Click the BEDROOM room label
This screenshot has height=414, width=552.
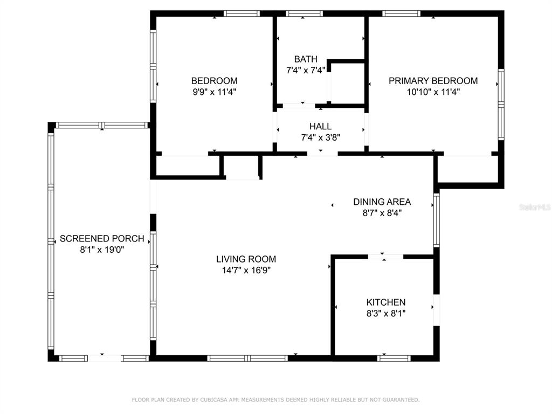coord(214,81)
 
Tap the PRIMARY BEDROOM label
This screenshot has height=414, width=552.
coord(433,81)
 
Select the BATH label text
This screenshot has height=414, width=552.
coord(306,59)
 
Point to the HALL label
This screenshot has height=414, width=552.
coord(320,126)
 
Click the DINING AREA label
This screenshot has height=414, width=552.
coord(382,202)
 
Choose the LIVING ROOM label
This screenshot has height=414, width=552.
coord(246,259)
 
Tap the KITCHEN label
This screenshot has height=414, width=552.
coord(386,302)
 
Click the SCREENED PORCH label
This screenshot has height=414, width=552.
coord(102,238)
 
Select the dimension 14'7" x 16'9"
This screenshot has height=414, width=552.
coord(246,271)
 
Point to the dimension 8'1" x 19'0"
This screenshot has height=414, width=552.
coord(102,250)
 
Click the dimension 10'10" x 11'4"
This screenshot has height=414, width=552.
coord(433,92)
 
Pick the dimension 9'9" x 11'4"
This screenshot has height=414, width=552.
coord(214,92)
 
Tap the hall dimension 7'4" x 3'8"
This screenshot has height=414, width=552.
coord(320,137)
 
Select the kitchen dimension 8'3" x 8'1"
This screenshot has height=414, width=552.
coord(386,313)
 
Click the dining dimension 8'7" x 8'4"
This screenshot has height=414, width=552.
coord(382,213)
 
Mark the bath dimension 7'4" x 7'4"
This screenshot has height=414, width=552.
coord(306,70)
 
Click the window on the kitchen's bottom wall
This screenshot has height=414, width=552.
coord(394,358)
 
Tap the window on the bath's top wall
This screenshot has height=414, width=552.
coord(304,13)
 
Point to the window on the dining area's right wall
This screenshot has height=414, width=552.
coord(437,220)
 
